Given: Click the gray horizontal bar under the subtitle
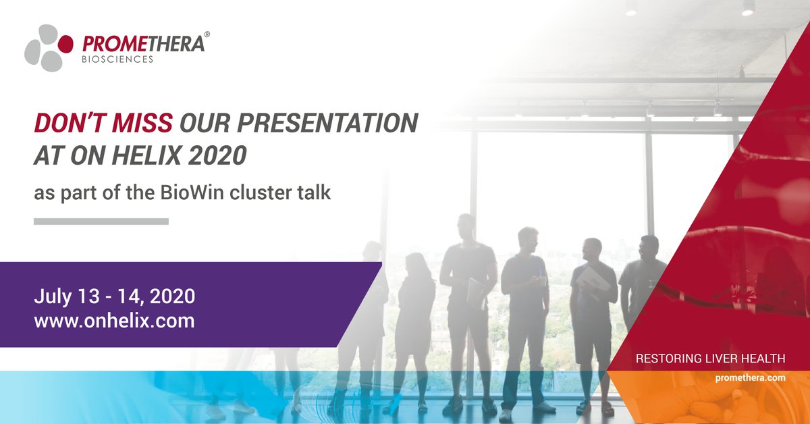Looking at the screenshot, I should [101, 221].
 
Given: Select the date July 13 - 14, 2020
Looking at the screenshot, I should [115, 296].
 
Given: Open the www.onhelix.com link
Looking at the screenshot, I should [115, 320].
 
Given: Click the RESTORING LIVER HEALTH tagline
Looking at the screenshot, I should [711, 359].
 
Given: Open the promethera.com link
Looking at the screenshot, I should [750, 378].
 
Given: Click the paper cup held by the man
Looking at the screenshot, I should [541, 280].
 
